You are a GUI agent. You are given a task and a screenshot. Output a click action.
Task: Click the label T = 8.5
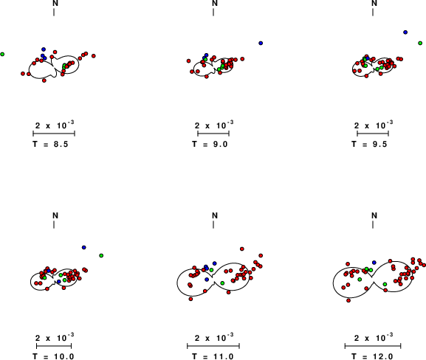(x=50, y=144)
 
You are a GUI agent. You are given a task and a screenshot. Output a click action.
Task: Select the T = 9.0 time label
(x=210, y=144)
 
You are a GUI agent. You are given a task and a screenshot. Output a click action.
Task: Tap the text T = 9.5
(x=369, y=144)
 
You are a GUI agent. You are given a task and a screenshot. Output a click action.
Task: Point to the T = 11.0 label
(x=213, y=356)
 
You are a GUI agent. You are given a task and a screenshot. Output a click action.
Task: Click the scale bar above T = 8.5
(x=54, y=134)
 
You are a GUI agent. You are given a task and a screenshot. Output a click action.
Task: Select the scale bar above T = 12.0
(x=373, y=346)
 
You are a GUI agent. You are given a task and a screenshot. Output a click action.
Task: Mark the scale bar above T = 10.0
(x=54, y=346)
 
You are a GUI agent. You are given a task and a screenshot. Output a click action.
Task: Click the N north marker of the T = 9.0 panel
(x=215, y=4)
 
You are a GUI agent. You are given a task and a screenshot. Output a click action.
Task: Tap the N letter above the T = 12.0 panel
(x=374, y=215)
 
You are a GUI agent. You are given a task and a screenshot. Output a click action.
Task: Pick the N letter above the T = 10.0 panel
(x=55, y=215)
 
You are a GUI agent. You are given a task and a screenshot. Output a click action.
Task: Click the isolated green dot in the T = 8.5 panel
(x=2, y=55)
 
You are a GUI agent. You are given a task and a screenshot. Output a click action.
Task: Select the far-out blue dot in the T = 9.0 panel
(x=261, y=44)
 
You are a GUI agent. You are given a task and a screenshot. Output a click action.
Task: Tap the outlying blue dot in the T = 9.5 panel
(x=405, y=32)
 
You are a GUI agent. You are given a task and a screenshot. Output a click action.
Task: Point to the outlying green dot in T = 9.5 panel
(x=420, y=44)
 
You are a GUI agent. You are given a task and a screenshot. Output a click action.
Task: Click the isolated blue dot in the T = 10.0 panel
(x=84, y=247)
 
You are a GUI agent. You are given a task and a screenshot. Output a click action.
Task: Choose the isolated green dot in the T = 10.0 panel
(x=101, y=255)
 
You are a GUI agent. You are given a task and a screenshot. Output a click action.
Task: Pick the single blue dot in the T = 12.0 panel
(x=374, y=263)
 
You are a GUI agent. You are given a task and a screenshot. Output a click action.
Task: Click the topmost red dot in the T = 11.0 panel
(x=242, y=249)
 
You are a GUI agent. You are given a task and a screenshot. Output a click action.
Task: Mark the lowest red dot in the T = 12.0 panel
(x=348, y=300)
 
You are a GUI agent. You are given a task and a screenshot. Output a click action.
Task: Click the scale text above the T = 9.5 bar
(x=374, y=125)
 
